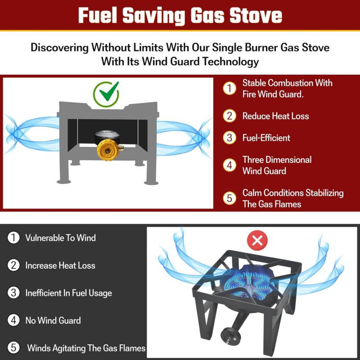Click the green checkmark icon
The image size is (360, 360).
click(106, 94)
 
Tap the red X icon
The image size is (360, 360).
click(257, 241)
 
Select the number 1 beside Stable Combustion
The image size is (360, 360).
click(229, 88)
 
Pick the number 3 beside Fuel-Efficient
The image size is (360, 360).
click(229, 138)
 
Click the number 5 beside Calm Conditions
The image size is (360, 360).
click(229, 198)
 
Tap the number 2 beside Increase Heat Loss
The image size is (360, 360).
click(13, 265)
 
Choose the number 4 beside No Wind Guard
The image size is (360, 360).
click(13, 320)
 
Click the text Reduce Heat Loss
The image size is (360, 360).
click(275, 116)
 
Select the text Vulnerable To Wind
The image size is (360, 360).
click(60, 238)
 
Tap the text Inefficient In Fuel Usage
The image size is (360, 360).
click(69, 293)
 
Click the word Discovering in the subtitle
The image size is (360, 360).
click(60, 48)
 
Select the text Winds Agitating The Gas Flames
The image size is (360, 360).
click(86, 348)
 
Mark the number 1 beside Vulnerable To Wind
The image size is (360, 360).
click(13, 238)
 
